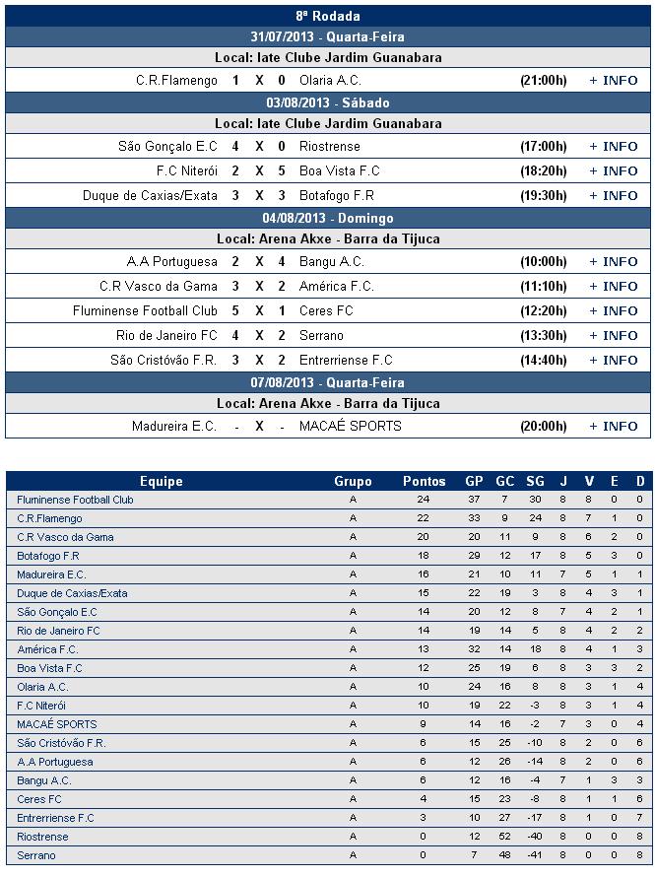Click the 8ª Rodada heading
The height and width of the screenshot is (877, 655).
coord(328,16)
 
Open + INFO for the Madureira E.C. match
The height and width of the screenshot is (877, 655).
coord(613,427)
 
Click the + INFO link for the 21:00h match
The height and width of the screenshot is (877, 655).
coord(613,81)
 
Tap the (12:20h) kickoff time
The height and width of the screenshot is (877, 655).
coord(544,311)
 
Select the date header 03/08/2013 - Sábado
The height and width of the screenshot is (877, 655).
coord(328,102)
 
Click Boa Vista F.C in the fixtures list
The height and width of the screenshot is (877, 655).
coord(340,171)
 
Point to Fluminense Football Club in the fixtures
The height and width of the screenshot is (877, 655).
coord(145,311)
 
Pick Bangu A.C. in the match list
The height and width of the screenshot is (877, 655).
coord(332,262)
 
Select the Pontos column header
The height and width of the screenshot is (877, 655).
coord(425,482)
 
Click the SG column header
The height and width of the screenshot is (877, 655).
coord(536,482)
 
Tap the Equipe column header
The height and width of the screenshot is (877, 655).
coord(162,482)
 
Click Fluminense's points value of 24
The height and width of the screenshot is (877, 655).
coord(425,500)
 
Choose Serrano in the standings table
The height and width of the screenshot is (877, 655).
coord(36,855)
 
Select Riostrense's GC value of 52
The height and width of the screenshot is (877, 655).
coord(504,837)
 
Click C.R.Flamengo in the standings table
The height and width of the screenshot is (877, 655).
coord(49,518)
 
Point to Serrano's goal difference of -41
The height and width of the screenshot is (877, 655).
coord(536,855)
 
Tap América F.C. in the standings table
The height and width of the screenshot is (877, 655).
coord(47,649)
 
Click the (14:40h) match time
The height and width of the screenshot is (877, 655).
coord(544,361)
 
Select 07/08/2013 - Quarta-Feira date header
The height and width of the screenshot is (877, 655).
coord(328,382)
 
